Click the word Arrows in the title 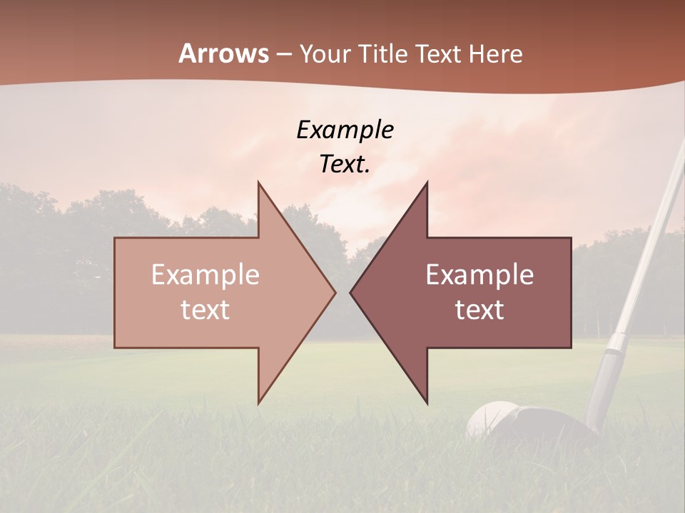pos(223,53)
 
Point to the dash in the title pos(283,54)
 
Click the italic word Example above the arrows pos(345,130)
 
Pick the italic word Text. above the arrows pos(345,165)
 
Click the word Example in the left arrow pos(205,275)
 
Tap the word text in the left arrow pos(205,310)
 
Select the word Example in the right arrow pos(479,275)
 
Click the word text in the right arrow pos(479,310)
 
